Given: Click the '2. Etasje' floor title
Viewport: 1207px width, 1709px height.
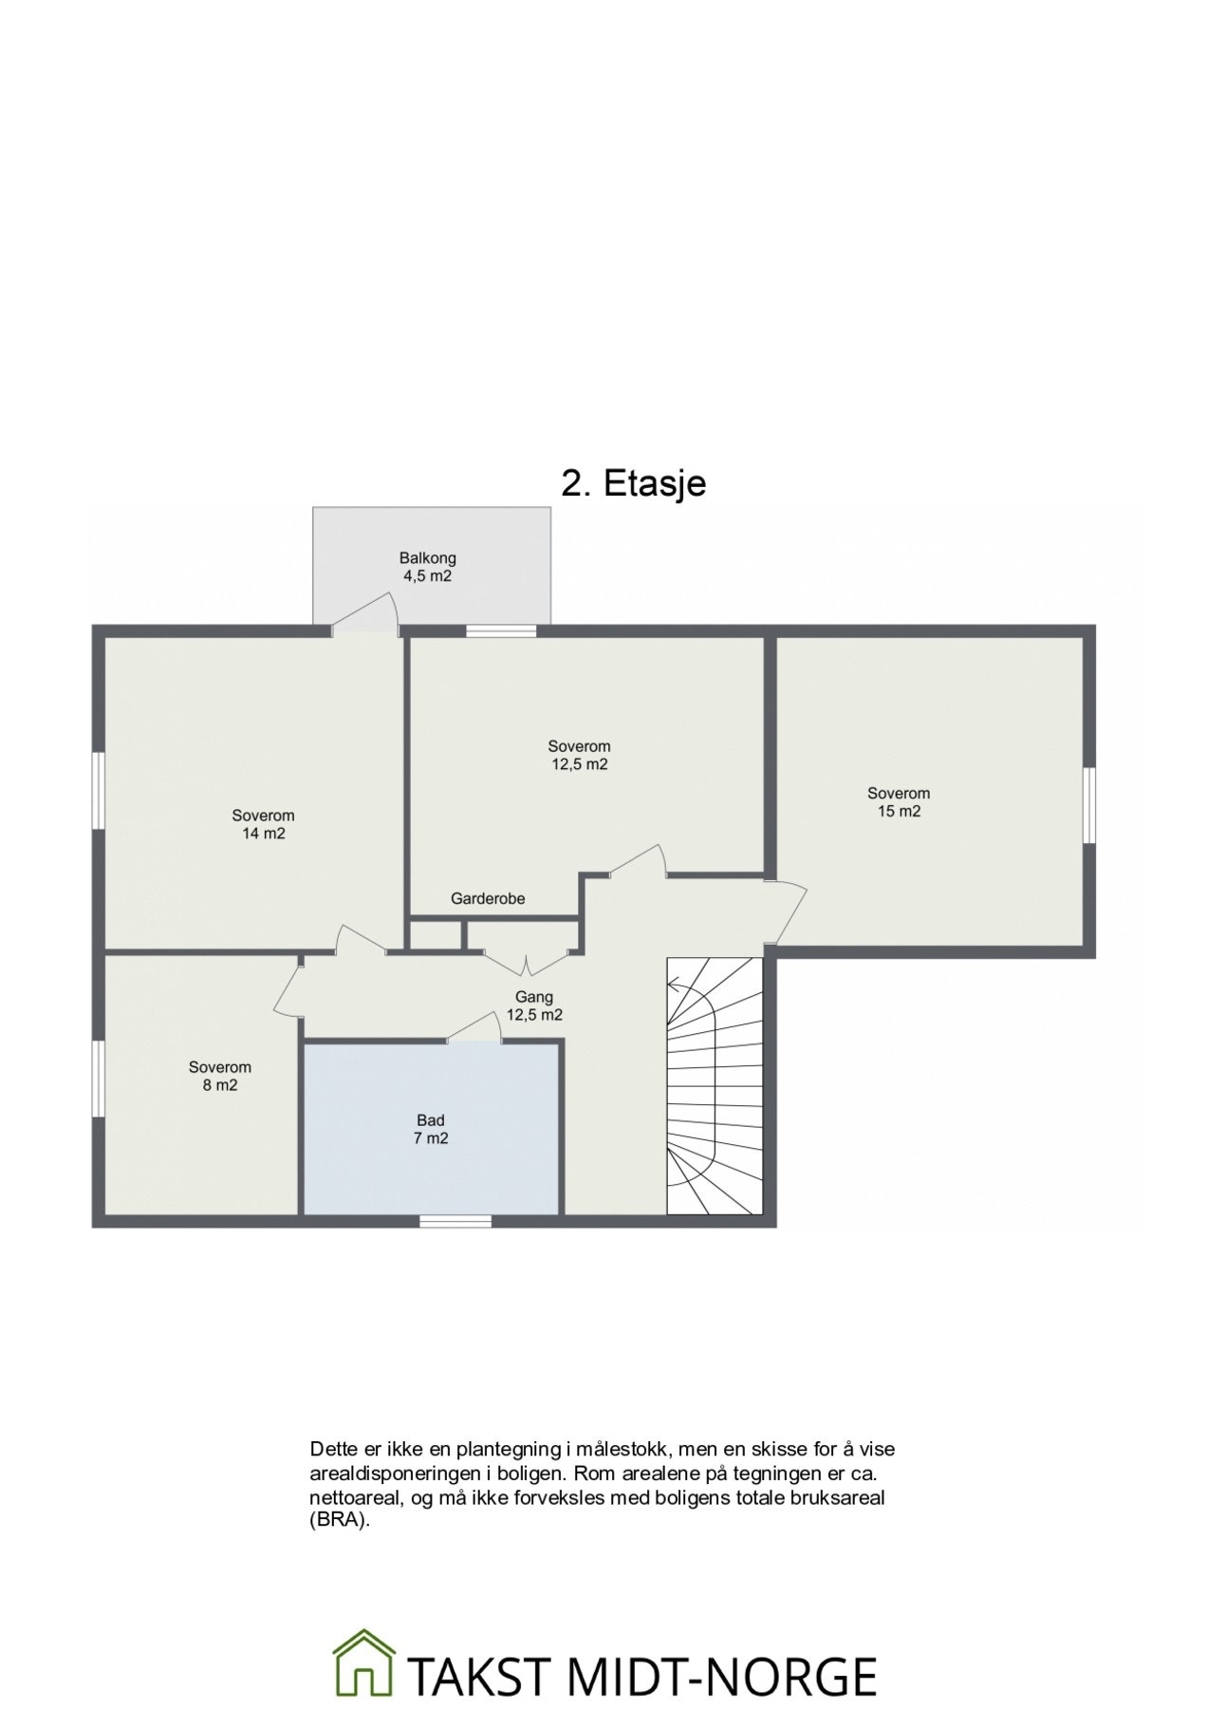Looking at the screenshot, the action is point(634,483).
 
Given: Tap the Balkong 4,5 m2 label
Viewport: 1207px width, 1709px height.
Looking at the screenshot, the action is point(427,567).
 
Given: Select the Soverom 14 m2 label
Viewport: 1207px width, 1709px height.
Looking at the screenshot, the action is point(263,824).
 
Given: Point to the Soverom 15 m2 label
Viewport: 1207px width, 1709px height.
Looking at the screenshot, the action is point(899,802).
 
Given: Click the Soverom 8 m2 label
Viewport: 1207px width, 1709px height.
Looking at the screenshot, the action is point(219,1076).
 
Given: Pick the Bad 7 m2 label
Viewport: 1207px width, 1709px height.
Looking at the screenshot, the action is point(431,1129).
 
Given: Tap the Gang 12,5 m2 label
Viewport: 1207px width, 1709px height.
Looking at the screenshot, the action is point(534,1005).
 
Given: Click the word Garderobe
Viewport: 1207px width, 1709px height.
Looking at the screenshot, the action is point(488,898).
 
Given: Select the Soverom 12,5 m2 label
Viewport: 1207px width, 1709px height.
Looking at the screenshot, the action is point(579,755).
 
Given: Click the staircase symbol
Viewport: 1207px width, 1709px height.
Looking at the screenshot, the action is point(715,1085).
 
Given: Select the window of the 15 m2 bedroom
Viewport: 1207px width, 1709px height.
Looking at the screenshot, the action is point(1089,805).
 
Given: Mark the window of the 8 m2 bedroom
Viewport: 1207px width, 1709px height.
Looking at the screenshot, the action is point(98,1079).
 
